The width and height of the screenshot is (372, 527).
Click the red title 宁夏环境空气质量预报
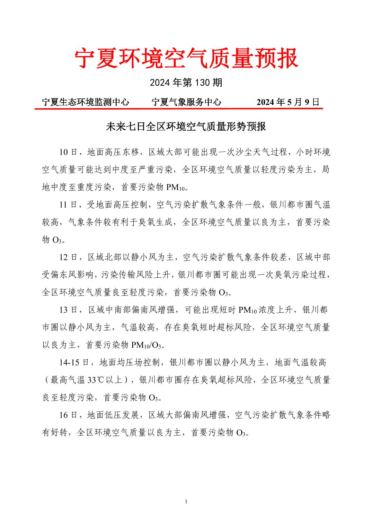pos(186,58)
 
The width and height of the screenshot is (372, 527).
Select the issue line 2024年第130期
pos(186,83)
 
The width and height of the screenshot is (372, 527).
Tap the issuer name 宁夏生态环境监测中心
pos(85,102)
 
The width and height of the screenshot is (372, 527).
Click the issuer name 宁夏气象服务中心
pos(186,102)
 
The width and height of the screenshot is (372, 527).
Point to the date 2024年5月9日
pos(287,102)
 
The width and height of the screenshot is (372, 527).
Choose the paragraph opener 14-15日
pos(74,362)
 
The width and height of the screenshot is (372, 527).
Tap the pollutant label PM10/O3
pos(146,345)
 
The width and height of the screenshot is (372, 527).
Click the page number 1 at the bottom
pos(186,501)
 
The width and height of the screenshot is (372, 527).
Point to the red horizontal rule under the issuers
pos(178,109)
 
